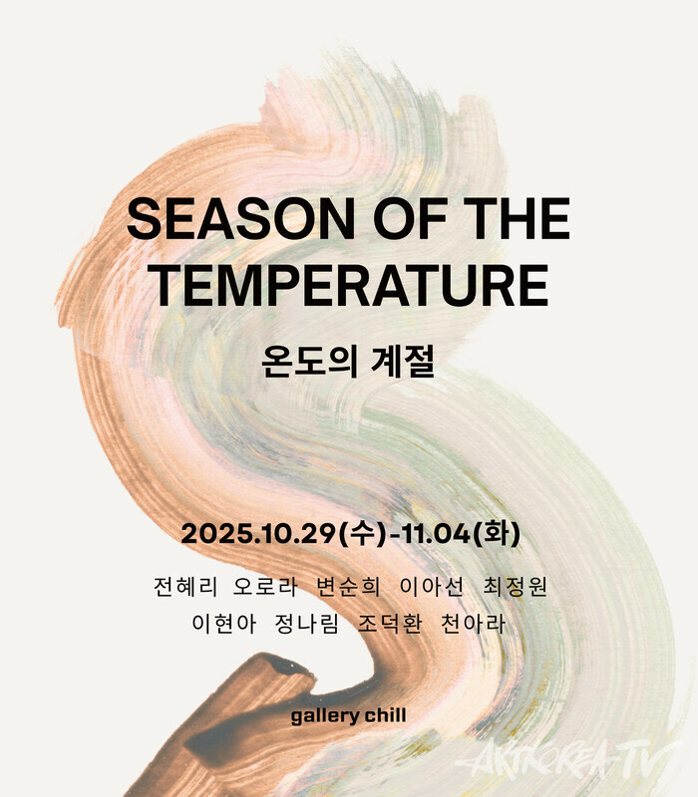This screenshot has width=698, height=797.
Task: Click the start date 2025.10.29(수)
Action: [283, 534]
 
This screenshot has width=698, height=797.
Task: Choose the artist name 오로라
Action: [264, 587]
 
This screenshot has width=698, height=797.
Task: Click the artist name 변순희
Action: [348, 587]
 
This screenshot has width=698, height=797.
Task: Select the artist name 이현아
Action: [223, 624]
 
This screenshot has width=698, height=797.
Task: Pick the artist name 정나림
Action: [307, 624]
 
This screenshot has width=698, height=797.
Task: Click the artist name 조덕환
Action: [390, 624]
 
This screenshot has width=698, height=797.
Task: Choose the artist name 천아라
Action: [474, 624]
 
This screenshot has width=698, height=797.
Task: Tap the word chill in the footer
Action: [385, 715]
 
